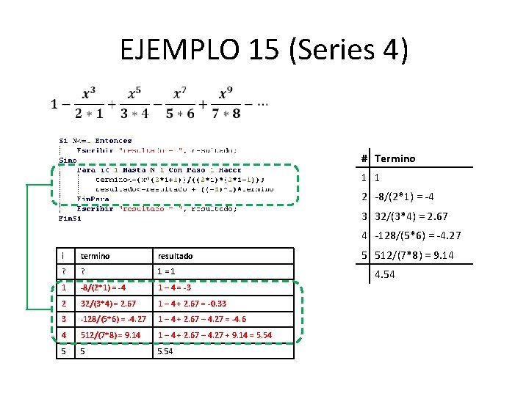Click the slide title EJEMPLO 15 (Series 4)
point(264,50)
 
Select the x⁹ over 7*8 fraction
point(226,103)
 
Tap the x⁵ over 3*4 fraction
point(134,103)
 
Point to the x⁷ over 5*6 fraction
point(180,103)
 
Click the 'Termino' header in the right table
point(395,158)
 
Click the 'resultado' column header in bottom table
point(176,256)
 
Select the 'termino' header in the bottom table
point(96,256)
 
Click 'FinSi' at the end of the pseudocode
point(70,218)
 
